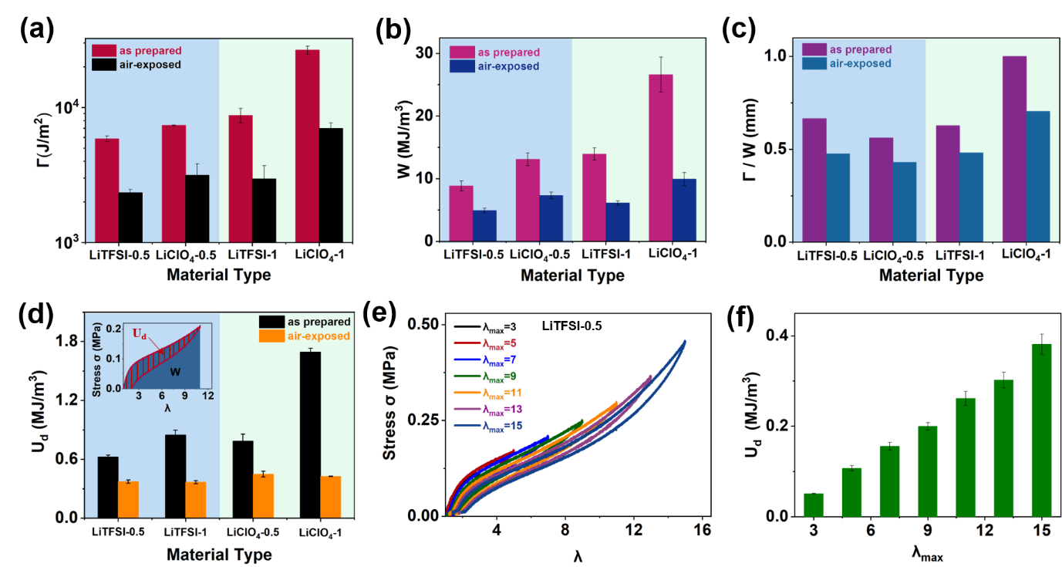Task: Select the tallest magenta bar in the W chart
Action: (x=661, y=157)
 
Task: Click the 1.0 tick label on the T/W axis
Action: (x=775, y=56)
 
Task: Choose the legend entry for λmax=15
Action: (x=482, y=426)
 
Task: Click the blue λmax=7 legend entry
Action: (x=482, y=359)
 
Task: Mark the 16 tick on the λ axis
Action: (x=702, y=532)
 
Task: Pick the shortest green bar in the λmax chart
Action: (x=814, y=505)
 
